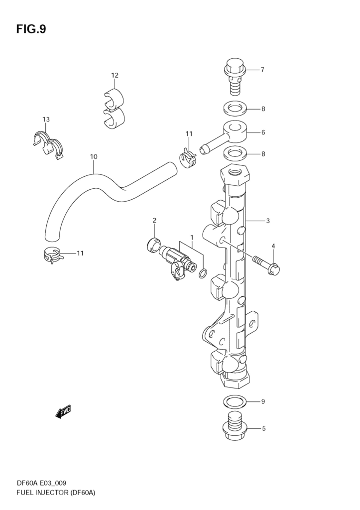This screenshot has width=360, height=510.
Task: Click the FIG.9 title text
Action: [31, 29]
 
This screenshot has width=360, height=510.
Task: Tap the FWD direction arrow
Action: [63, 412]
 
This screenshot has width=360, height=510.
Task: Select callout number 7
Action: [262, 70]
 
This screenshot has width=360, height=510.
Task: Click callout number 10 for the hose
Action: [93, 157]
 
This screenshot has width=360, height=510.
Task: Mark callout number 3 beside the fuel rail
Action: [267, 221]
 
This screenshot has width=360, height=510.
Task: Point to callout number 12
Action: [115, 75]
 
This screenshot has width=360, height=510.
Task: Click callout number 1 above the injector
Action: [191, 237]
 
